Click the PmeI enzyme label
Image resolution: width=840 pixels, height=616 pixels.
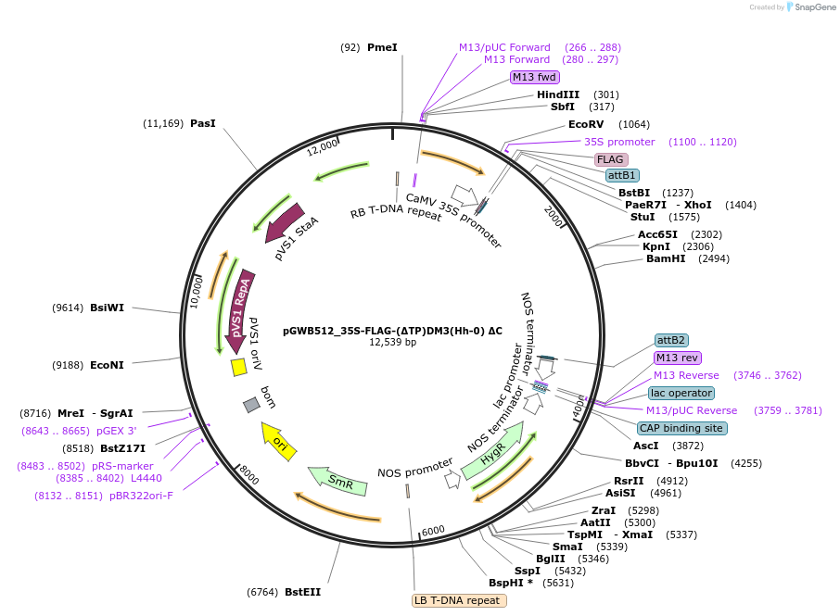tap(382, 47)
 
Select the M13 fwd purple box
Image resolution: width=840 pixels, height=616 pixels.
tap(535, 77)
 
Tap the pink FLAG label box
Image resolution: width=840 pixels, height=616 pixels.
tap(611, 159)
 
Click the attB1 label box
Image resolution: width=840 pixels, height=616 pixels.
tap(621, 175)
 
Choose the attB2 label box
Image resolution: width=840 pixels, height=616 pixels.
tap(671, 340)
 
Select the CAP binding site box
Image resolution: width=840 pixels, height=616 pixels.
tap(681, 428)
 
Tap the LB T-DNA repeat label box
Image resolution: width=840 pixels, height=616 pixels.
tap(460, 600)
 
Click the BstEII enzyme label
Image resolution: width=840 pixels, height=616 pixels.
tap(302, 592)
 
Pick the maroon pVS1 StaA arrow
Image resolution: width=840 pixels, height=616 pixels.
tap(286, 222)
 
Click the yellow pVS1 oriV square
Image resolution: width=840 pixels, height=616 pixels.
tap(238, 367)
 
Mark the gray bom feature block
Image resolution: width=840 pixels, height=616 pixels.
tap(251, 405)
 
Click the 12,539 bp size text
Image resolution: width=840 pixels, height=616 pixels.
tap(393, 342)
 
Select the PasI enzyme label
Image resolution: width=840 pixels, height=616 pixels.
tap(202, 123)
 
